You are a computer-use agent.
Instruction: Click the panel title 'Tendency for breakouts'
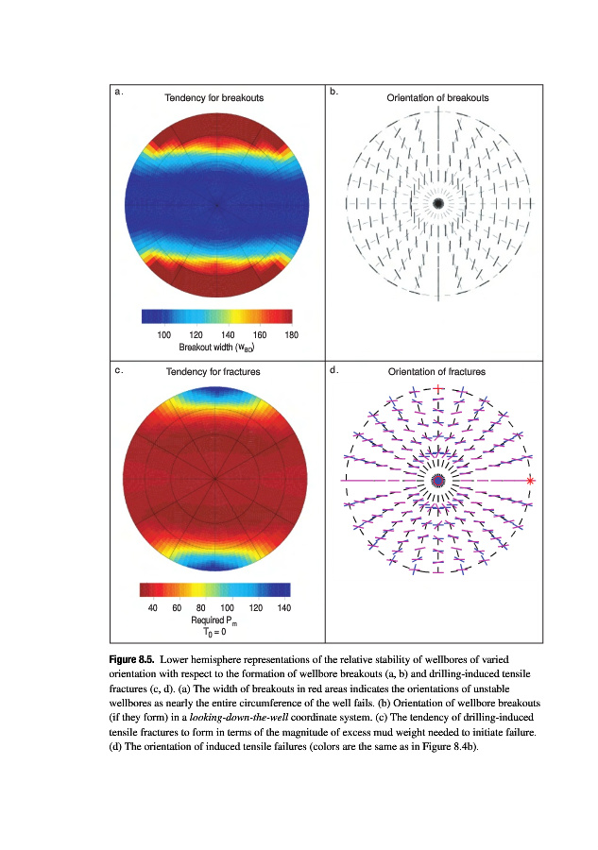point(214,98)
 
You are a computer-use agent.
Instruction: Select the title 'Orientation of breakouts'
point(437,98)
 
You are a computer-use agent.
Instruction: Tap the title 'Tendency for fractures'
point(214,372)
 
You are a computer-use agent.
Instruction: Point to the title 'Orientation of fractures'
point(437,372)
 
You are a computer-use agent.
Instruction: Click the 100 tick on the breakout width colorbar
point(163,335)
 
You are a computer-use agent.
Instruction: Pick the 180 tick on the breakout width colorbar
point(291,335)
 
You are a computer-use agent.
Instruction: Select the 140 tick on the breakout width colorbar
point(228,335)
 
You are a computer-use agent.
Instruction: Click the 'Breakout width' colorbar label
point(216,347)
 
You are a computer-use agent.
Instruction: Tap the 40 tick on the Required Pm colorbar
point(153,608)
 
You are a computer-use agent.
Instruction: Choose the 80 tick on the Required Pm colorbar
point(201,608)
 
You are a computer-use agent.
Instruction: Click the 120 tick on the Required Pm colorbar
point(255,608)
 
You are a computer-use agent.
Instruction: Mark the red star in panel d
point(531,481)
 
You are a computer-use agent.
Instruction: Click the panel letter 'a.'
point(118,93)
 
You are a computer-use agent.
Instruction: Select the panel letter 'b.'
point(334,93)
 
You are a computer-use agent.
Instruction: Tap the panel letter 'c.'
point(118,370)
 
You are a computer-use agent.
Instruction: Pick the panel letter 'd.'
point(334,370)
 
